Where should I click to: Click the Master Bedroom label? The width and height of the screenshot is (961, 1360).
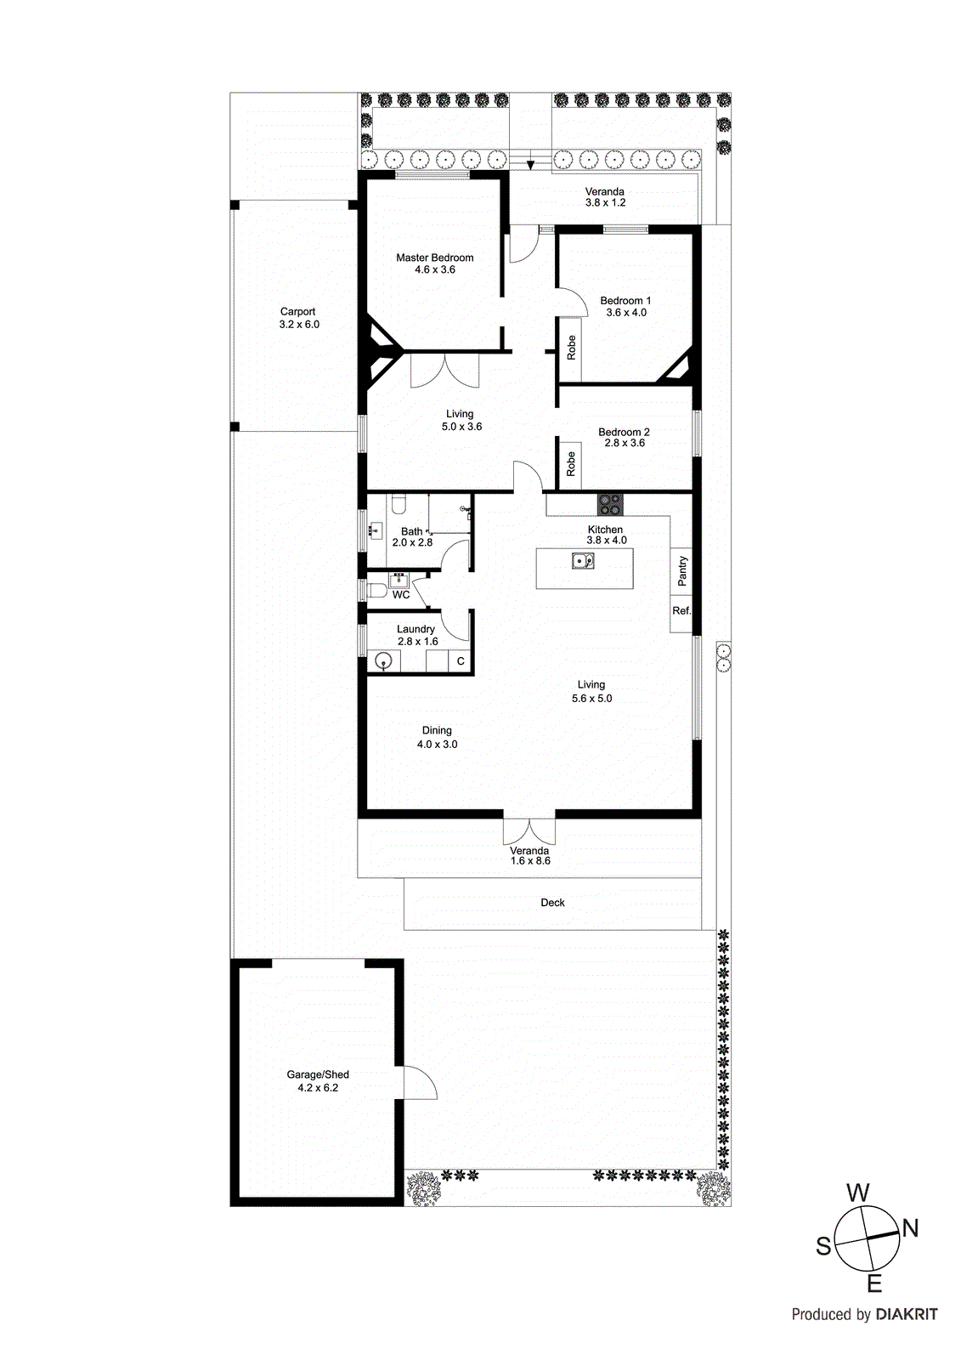[434, 258]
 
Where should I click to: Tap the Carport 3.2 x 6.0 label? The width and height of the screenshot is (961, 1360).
[298, 318]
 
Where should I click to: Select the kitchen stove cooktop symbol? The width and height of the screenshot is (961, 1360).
[609, 504]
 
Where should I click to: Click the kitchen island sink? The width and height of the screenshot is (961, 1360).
[583, 561]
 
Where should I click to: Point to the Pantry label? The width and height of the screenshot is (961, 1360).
[681, 570]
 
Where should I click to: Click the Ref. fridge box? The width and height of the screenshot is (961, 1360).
[681, 611]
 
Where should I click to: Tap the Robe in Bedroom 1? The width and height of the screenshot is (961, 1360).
[571, 347]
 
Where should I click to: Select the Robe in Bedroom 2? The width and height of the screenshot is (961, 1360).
[571, 463]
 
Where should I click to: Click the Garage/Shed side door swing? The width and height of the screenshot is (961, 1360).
[418, 1083]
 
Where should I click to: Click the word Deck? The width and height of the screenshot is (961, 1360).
[552, 903]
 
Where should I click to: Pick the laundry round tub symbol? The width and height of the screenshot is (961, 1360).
[384, 661]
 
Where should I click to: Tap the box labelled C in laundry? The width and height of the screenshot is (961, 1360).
[461, 661]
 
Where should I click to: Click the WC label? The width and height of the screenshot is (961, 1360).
[401, 595]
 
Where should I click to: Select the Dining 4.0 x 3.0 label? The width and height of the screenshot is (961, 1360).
[437, 737]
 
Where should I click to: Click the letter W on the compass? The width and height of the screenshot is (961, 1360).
[858, 1193]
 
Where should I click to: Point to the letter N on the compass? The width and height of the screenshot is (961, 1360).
[910, 1228]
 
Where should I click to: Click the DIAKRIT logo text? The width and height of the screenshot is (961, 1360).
[906, 1314]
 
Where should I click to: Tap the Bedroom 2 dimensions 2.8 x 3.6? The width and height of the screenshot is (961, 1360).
[625, 443]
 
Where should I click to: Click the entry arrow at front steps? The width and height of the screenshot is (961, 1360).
[530, 163]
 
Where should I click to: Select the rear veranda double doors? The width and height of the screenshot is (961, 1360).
[529, 830]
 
